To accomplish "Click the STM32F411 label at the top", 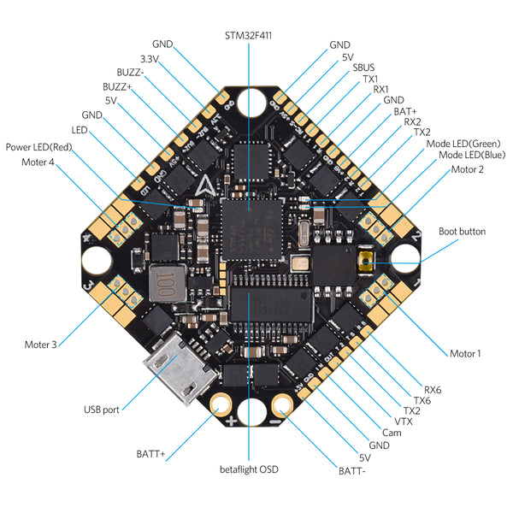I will click(x=249, y=35).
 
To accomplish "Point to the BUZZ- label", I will click(x=131, y=72).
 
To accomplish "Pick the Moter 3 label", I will click(x=40, y=345).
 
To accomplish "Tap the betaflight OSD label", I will click(x=249, y=469).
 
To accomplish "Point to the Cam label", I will click(x=392, y=433).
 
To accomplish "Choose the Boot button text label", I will click(x=462, y=231).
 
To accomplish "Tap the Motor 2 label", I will click(x=468, y=169).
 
